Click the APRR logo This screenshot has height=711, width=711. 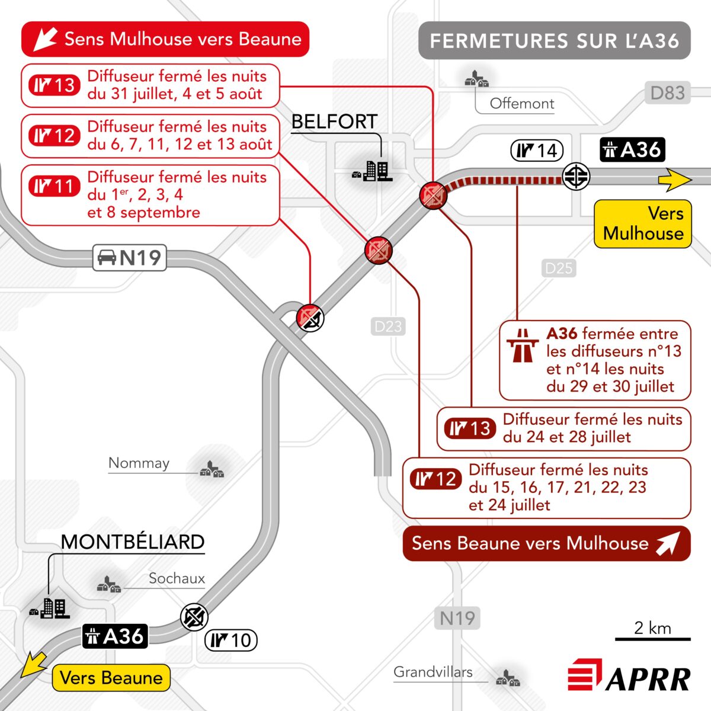click(x=629, y=674)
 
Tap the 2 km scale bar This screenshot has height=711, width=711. click(x=652, y=639)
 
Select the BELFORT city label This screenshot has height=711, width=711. click(x=334, y=121)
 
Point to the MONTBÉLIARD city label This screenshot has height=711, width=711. click(x=133, y=542)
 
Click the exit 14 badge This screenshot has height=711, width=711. click(x=537, y=150)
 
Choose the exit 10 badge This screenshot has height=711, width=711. click(x=231, y=640)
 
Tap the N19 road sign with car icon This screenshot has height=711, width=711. click(x=130, y=258)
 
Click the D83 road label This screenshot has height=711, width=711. click(x=668, y=92)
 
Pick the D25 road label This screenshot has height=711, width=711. click(x=559, y=268)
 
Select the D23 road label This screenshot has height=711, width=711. click(x=387, y=326)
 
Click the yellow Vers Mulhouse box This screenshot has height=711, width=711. click(x=643, y=223)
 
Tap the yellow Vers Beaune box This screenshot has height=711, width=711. click(x=111, y=678)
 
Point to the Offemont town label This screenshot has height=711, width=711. click(x=522, y=104)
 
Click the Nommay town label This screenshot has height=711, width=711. click(x=139, y=463)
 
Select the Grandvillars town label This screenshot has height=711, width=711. click(x=433, y=672)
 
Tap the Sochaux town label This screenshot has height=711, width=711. click(x=177, y=578)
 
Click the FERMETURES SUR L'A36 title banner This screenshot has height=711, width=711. click(x=554, y=40)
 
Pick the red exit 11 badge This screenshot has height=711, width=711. click(x=55, y=186)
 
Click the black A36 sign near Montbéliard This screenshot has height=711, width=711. click(x=115, y=636)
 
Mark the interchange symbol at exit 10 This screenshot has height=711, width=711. click(x=194, y=617)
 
